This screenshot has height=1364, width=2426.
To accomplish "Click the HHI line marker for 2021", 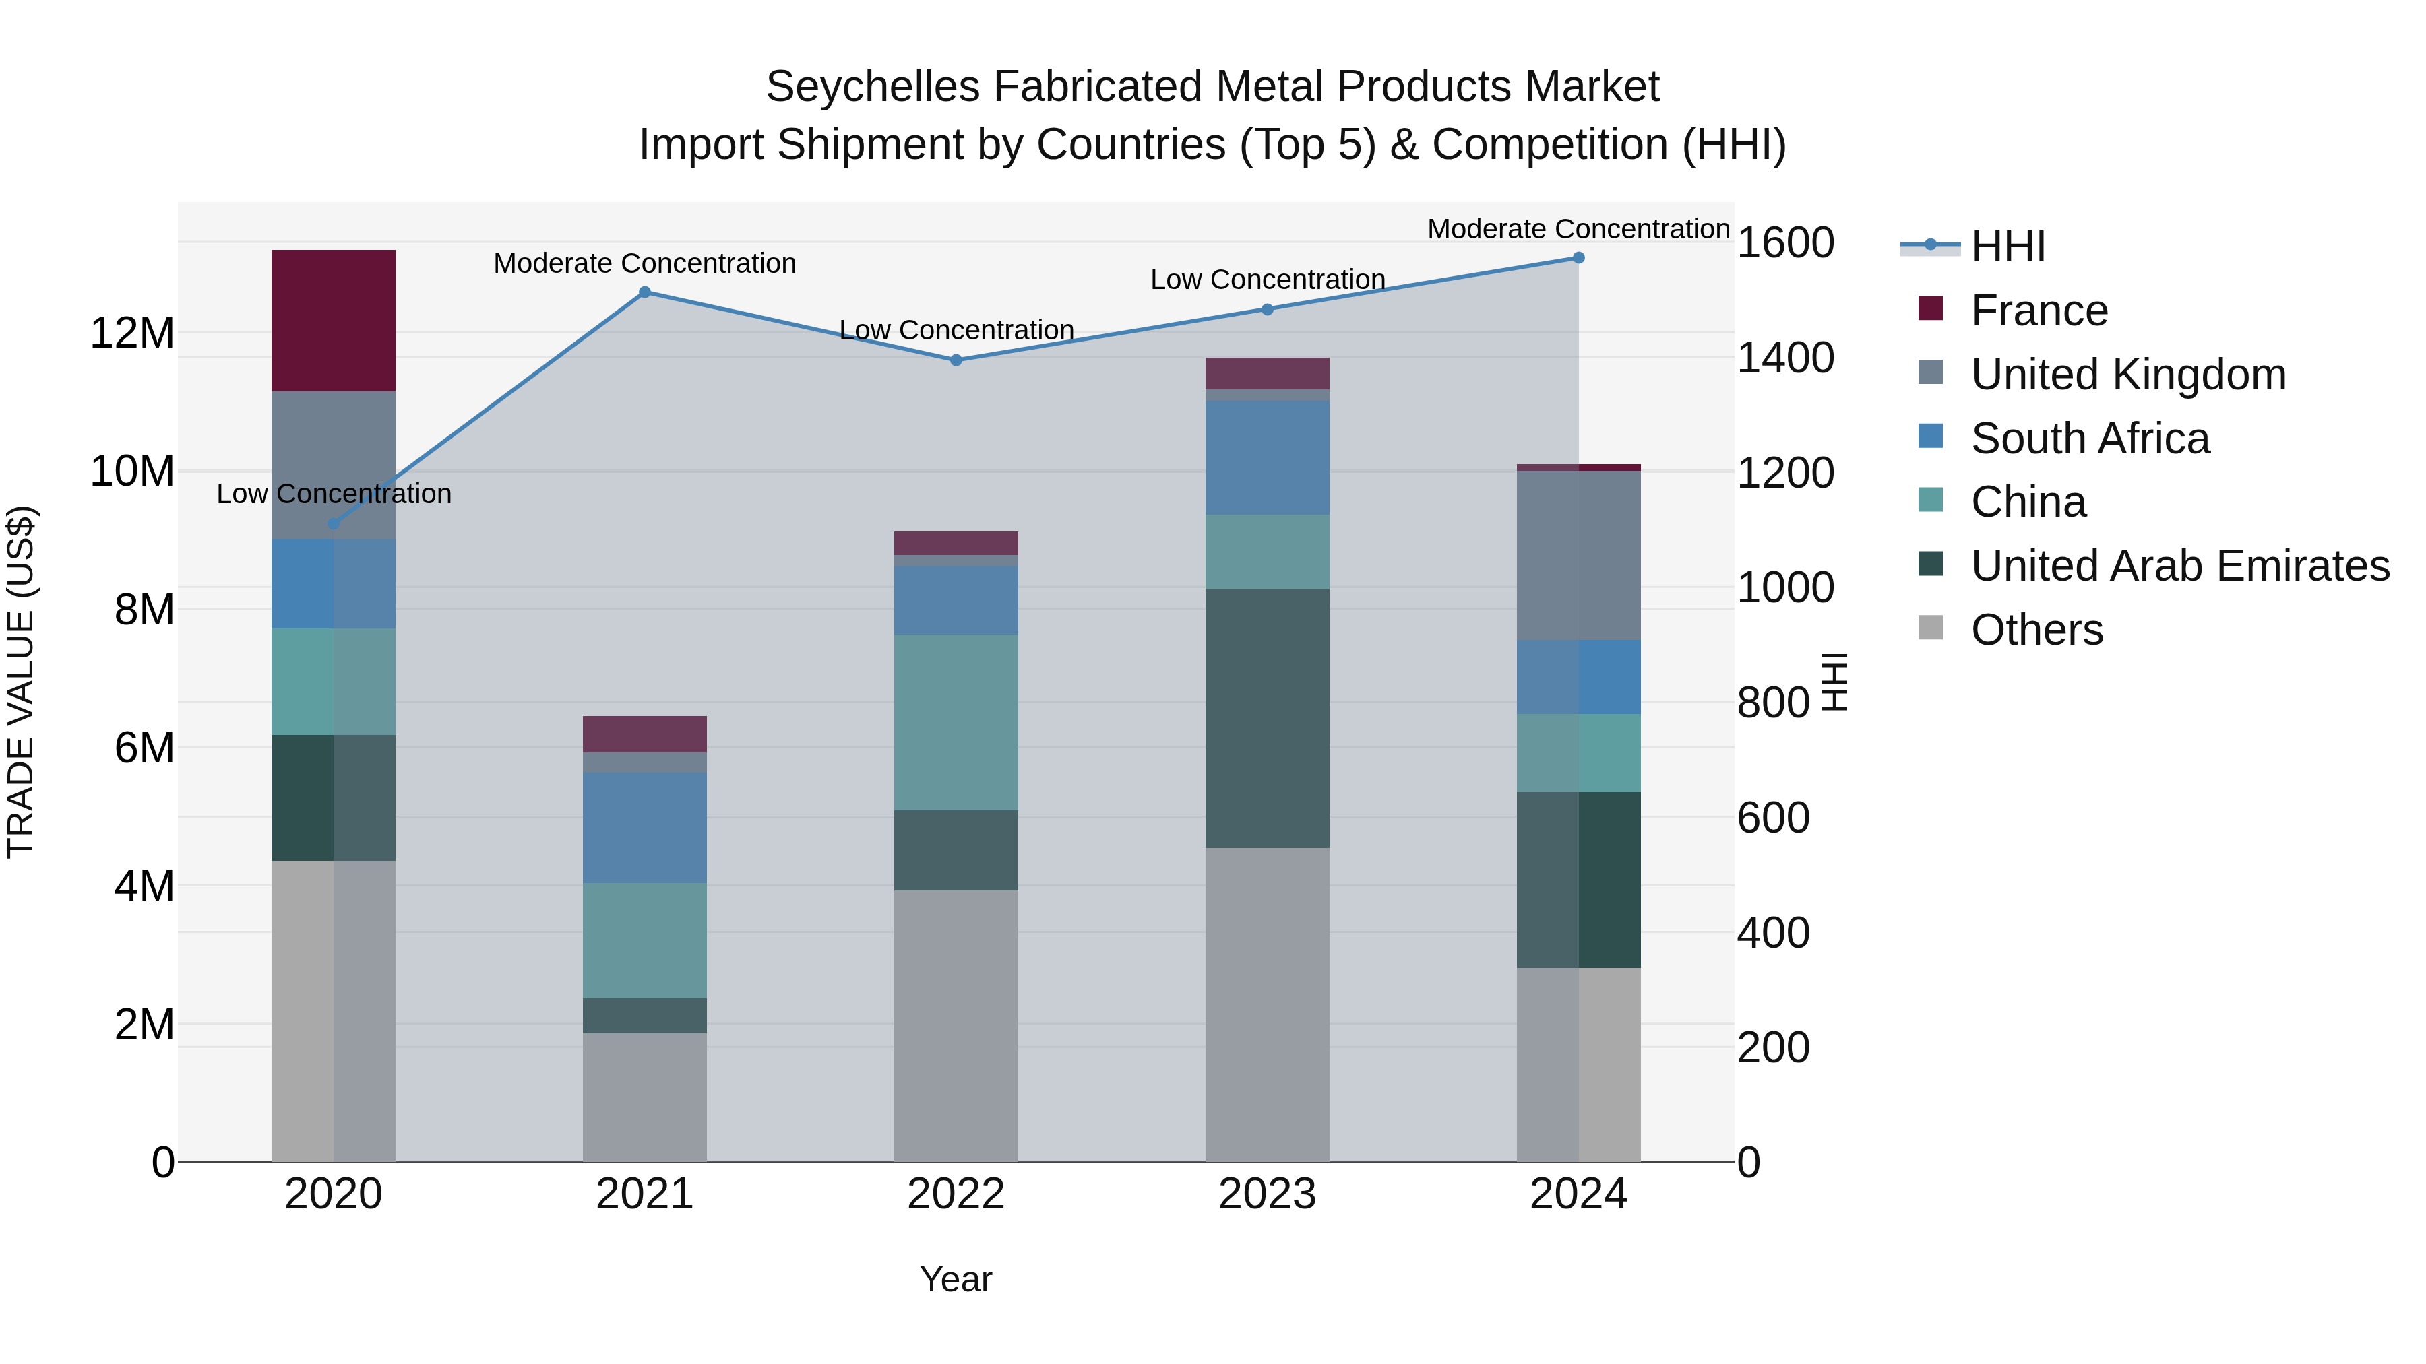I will click(644, 292).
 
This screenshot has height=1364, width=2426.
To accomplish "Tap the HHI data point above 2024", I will click(1578, 258).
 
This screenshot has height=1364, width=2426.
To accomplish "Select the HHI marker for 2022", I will click(956, 360).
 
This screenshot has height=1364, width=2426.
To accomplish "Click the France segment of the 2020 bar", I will click(334, 320).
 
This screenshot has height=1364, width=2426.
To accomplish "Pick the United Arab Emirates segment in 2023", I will click(1267, 717).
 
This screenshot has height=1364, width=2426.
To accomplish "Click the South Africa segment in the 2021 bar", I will click(644, 826).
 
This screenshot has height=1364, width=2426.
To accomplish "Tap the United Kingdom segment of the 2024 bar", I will click(1578, 556).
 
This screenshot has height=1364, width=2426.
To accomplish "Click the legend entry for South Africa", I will click(2089, 439).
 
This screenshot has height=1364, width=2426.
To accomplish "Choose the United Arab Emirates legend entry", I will click(2179, 566).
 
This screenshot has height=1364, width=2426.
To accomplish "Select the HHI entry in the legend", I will click(2008, 247).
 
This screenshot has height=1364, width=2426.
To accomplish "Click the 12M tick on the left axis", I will click(132, 333).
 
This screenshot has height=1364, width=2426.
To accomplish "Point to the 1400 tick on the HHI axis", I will click(1784, 358).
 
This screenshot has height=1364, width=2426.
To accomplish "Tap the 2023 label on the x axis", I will click(1267, 1194).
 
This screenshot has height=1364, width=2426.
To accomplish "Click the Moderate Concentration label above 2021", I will click(644, 263).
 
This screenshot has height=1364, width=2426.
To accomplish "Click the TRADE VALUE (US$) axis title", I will click(21, 682).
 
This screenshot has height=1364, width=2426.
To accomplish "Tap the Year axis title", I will click(955, 1279).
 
